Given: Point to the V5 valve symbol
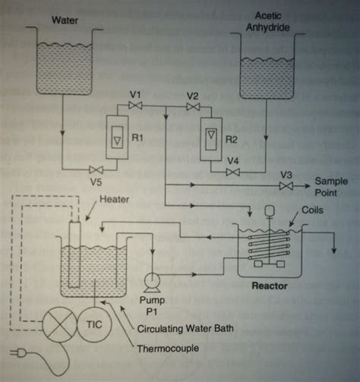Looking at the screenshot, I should point(96,169).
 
